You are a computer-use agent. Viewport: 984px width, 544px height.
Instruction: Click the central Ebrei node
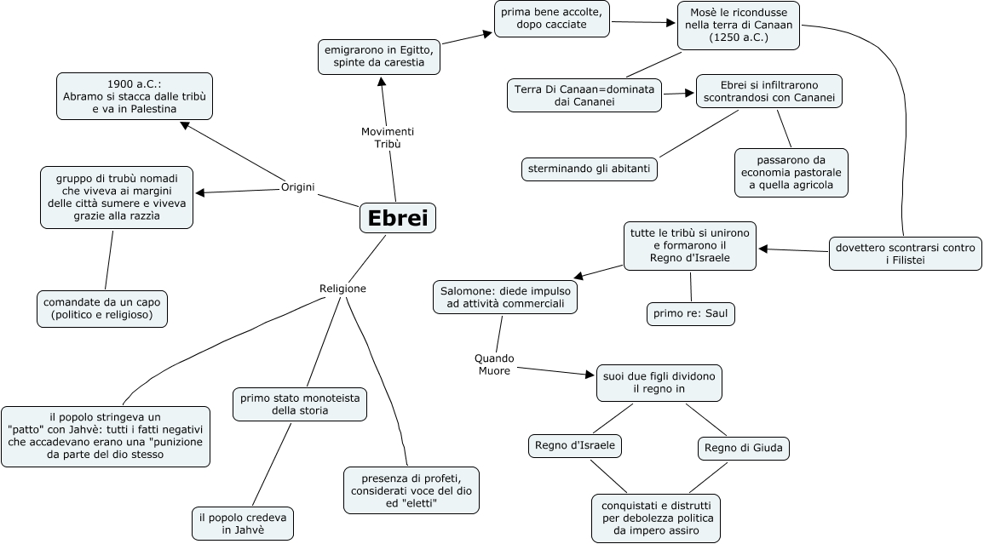click(x=398, y=218)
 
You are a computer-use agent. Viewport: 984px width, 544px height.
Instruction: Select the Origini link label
click(x=298, y=187)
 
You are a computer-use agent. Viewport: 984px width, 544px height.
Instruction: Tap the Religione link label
click(x=342, y=289)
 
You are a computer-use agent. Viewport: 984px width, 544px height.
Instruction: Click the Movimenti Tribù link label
click(x=388, y=138)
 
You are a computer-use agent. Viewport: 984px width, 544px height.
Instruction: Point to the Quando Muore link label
click(x=494, y=364)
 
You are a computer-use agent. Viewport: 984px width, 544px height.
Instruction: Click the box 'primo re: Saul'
click(x=690, y=313)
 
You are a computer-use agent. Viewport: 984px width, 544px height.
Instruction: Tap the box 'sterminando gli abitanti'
click(x=589, y=169)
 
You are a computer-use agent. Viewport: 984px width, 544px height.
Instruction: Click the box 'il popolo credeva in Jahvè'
click(x=243, y=524)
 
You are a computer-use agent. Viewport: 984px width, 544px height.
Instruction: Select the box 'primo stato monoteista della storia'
click(x=300, y=404)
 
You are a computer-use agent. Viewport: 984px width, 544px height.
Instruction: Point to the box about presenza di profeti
click(x=411, y=490)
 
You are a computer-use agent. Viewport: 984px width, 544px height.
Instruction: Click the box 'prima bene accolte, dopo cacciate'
click(x=552, y=19)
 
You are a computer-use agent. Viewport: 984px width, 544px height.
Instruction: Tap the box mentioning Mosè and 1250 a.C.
click(x=739, y=25)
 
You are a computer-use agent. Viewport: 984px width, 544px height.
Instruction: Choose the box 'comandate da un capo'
click(x=101, y=308)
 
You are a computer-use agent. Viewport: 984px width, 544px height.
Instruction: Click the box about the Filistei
click(x=905, y=254)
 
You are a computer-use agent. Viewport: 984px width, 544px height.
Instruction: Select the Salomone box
click(x=505, y=297)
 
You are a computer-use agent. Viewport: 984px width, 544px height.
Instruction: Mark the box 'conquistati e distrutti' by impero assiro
click(x=656, y=517)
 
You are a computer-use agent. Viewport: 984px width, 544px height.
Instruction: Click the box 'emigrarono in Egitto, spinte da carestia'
click(x=379, y=56)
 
